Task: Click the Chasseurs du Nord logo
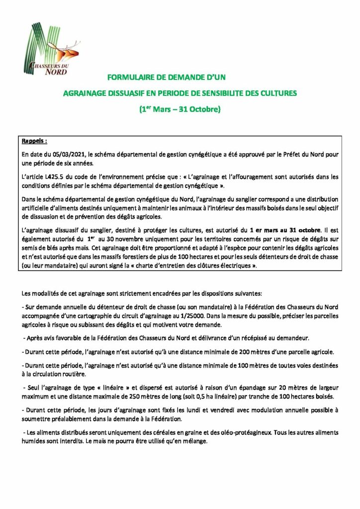point(53,49)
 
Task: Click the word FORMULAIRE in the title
point(131,78)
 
